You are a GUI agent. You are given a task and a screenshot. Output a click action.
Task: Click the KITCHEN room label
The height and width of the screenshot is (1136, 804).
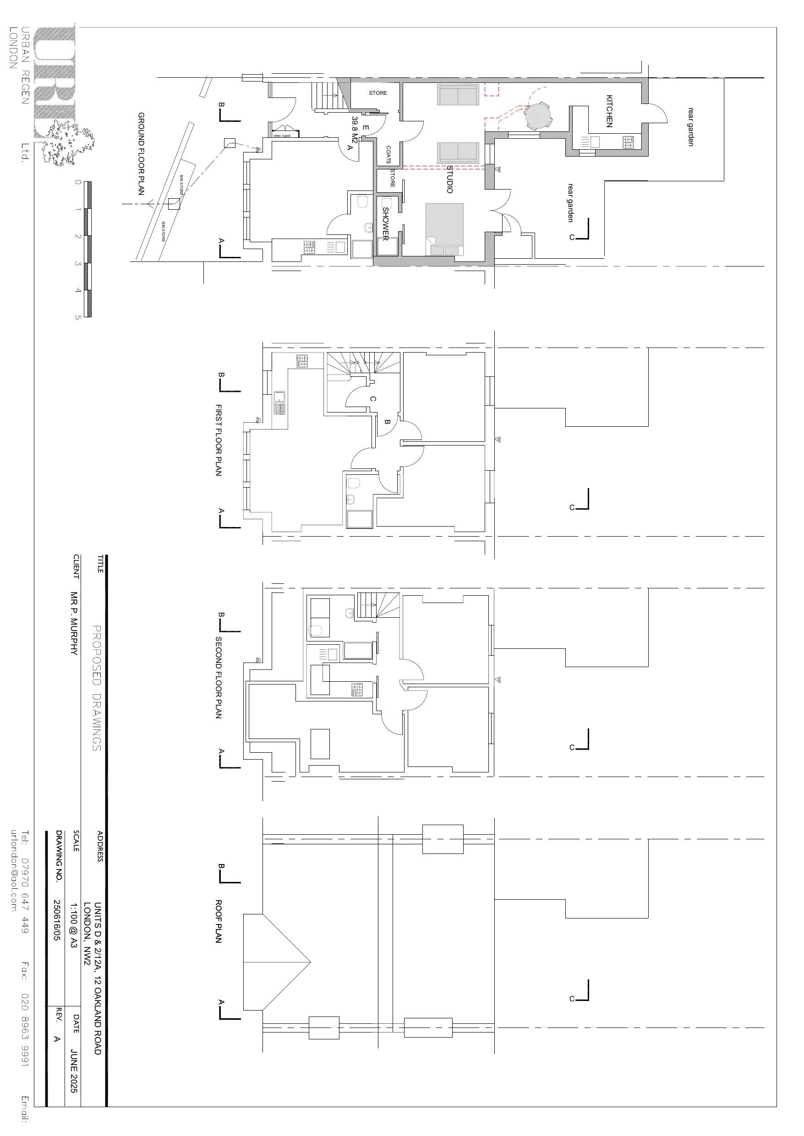tap(609, 111)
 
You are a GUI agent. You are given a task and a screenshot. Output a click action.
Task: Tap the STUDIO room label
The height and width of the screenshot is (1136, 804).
tap(449, 179)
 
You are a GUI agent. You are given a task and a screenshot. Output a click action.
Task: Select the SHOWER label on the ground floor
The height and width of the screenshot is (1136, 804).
tap(385, 223)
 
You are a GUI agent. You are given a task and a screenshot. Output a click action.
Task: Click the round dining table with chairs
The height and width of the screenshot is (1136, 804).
tap(538, 116)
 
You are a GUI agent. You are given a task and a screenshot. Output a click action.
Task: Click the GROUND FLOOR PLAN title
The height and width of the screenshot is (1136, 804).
tap(141, 153)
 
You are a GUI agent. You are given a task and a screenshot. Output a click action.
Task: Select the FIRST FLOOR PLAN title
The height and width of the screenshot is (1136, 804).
tap(219, 440)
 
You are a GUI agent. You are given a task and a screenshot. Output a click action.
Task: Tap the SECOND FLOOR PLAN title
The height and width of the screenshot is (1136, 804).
tap(219, 677)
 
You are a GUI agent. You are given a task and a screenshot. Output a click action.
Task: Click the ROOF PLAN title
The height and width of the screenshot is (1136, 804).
tap(219, 921)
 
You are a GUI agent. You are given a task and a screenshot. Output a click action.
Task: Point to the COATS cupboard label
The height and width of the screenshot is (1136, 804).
tap(388, 154)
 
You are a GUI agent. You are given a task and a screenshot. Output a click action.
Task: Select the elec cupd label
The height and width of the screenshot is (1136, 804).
tap(282, 136)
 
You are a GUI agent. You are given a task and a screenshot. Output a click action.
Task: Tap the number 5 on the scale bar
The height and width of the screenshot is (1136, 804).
tap(77, 317)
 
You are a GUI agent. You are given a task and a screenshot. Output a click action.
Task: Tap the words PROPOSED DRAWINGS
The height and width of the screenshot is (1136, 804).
tap(97, 688)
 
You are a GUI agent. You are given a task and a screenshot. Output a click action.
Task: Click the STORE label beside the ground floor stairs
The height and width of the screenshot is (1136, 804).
tap(378, 93)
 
